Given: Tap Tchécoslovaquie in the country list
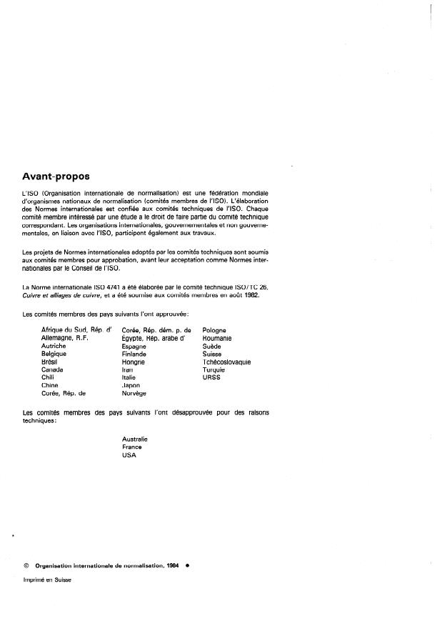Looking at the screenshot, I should tap(226, 362).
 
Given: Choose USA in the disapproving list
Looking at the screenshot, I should tap(129, 455).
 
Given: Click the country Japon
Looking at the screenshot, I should tap(133, 385).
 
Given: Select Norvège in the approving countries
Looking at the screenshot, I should tap(135, 393).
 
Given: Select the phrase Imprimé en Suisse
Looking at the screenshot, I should tap(48, 580).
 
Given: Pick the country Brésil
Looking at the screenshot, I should tap(54, 362).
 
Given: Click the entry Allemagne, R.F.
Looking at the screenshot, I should tap(65, 338).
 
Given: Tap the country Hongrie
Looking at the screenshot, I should tap(134, 362).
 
